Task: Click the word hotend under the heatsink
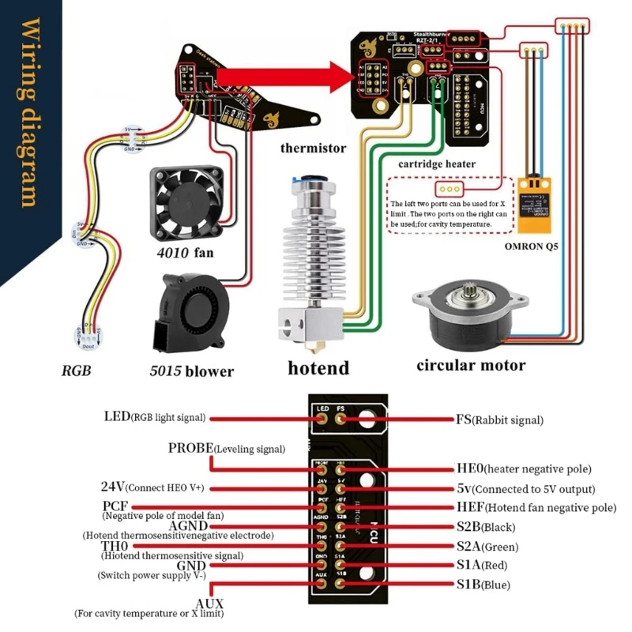coord(318,367)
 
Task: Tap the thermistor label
coord(313,148)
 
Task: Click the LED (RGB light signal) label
coord(155,416)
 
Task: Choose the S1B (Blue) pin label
coord(483,585)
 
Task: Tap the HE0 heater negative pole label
coord(524,468)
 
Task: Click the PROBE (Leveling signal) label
coord(226,448)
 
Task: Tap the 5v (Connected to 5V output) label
coord(525,488)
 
